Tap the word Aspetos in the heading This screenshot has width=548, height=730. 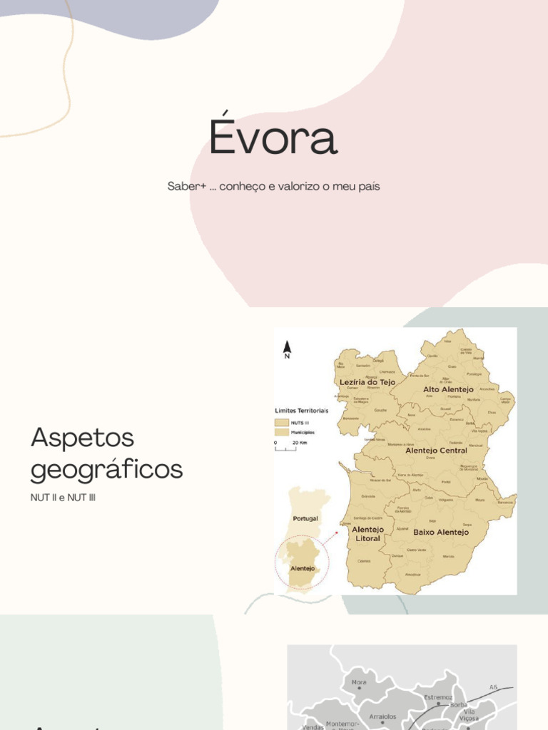(x=83, y=438)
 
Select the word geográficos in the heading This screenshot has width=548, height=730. (x=107, y=469)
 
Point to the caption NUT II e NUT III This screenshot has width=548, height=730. (x=63, y=497)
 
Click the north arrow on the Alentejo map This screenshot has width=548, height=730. (x=287, y=348)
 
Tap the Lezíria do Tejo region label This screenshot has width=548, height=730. (x=367, y=382)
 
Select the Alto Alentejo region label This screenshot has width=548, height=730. (x=448, y=389)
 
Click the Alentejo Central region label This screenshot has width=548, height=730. (x=436, y=451)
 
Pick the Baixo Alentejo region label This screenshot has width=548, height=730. (x=441, y=532)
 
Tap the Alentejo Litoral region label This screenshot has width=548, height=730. (x=367, y=534)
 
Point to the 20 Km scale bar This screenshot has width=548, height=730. (x=285, y=446)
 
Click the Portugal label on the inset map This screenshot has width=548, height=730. (x=305, y=518)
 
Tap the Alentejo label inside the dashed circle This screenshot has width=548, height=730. (x=303, y=569)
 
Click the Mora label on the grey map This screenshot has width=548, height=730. (x=359, y=682)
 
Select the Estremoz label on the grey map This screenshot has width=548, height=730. (x=438, y=696)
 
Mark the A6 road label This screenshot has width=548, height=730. (x=493, y=687)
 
